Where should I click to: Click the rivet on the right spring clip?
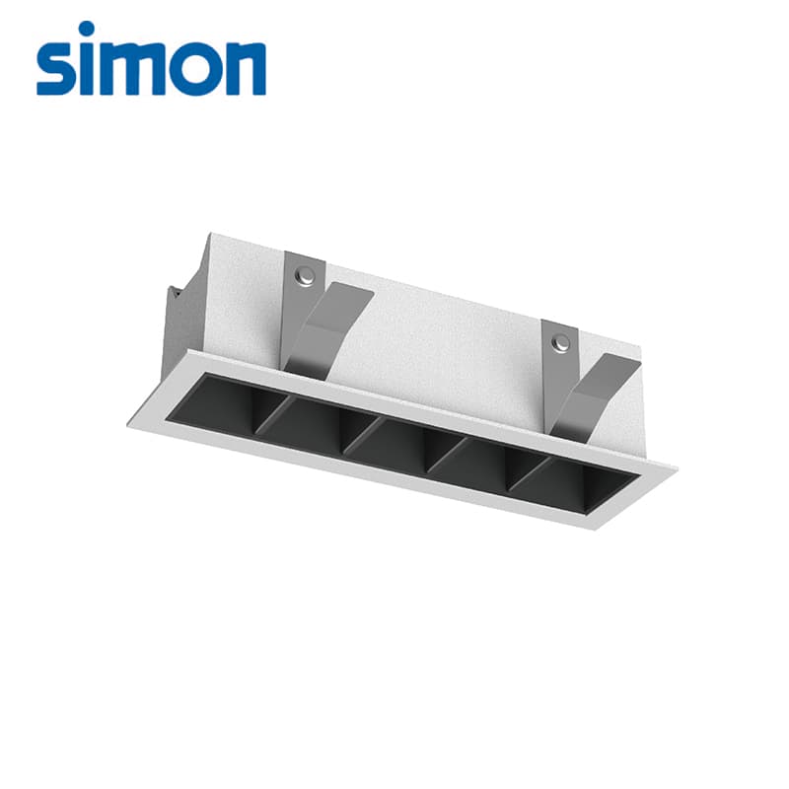pyautogui.click(x=559, y=343)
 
